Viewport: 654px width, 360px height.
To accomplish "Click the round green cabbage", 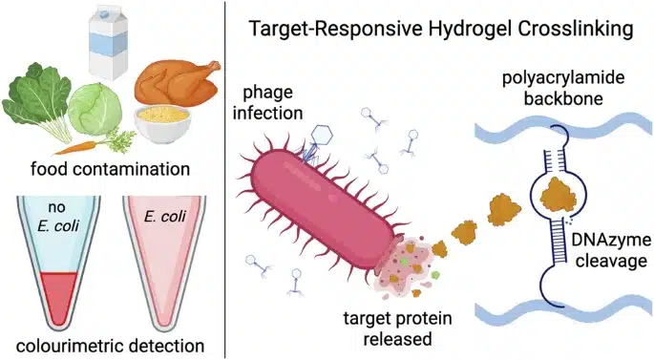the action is pos(95,109).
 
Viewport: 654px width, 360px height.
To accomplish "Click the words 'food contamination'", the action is pos(110,169).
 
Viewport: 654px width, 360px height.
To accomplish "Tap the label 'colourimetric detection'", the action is pos(110,346).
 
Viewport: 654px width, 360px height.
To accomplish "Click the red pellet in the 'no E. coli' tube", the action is pos(59,296).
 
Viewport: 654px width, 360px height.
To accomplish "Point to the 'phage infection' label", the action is pos(267,103).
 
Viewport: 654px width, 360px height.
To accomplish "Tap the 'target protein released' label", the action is pos(397,328).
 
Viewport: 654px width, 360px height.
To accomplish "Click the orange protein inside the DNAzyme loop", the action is pos(559,194).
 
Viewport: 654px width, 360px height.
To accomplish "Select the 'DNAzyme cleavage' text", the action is pos(611,251).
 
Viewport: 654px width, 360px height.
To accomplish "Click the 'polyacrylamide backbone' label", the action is pos(563,88).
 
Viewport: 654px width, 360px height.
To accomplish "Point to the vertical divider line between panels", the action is pos(225,180).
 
